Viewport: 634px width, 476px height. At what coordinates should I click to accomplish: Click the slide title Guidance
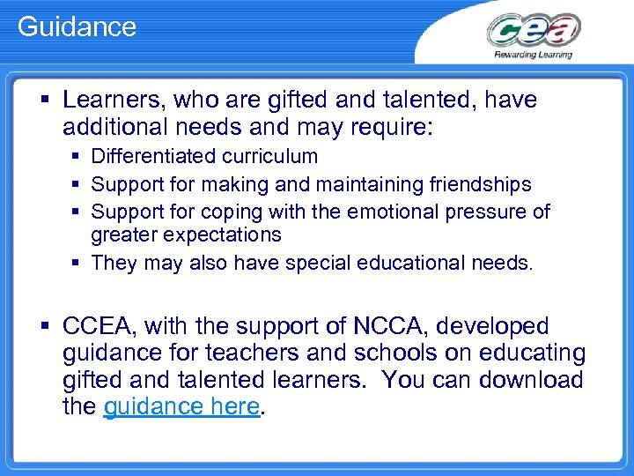tap(77, 26)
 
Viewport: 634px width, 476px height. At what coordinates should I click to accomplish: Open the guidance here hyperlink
tap(182, 407)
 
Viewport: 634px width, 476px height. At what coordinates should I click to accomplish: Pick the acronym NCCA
tap(394, 326)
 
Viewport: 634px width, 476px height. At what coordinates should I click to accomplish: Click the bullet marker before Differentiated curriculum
tap(77, 157)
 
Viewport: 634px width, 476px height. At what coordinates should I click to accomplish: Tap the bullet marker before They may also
tap(77, 262)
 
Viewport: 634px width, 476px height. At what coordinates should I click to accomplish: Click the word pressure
tap(485, 212)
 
